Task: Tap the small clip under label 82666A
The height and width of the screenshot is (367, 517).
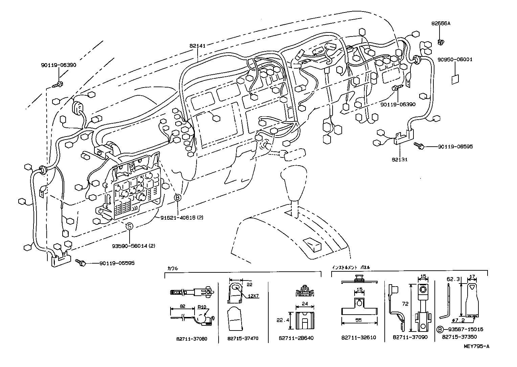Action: click(441, 42)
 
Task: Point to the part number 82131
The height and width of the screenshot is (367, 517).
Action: click(400, 159)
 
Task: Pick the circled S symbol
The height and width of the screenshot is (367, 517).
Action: click(130, 226)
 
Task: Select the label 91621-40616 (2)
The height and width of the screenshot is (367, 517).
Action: click(182, 218)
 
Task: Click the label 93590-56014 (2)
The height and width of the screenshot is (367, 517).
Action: click(133, 246)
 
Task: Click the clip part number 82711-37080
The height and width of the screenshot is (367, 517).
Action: click(191, 338)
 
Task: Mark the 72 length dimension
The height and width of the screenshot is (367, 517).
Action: click(405, 304)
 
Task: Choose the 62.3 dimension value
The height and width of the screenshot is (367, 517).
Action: click(452, 279)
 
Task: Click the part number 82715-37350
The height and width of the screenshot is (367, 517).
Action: click(458, 337)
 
